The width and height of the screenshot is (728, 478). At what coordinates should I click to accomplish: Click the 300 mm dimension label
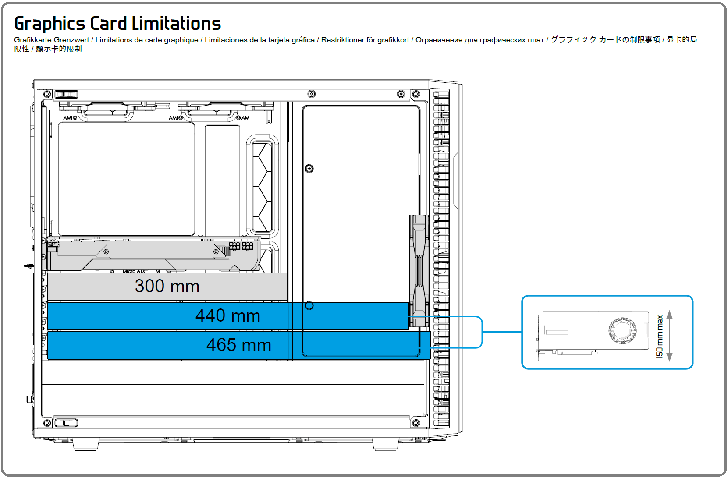167,286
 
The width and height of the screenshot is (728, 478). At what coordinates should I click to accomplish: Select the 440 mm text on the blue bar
228,315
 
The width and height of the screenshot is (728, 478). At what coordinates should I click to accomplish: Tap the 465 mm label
239,345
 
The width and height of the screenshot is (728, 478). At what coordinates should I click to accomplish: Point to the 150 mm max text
660,336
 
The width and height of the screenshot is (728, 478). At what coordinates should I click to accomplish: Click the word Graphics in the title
50,24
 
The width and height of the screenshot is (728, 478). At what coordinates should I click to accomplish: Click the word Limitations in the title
176,23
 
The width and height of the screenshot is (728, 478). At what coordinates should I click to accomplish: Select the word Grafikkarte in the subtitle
33,40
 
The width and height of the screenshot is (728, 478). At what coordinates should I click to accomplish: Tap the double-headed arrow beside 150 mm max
670,336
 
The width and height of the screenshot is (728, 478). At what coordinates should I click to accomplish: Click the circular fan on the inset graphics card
622,330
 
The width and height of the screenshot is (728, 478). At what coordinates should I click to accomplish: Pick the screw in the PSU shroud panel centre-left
309,169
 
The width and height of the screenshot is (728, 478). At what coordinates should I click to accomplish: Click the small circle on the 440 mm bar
309,305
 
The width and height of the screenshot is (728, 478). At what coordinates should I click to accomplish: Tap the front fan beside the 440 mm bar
419,271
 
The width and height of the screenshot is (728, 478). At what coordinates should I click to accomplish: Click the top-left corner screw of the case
47,94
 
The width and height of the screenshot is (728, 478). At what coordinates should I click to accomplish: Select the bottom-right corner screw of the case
416,423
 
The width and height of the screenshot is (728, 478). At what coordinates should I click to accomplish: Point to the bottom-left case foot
85,444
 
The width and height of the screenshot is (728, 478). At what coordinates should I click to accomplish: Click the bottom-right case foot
385,444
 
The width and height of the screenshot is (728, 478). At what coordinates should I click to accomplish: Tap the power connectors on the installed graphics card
241,246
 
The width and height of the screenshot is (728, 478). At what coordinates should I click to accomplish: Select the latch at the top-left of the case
66,94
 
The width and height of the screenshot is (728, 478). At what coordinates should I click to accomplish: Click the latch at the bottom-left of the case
66,423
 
